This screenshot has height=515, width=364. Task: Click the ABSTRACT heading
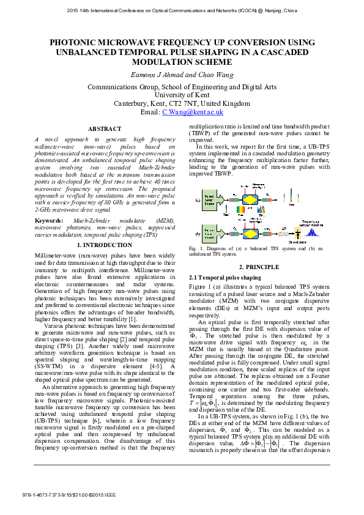[105, 129]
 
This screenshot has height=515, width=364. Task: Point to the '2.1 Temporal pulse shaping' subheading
[217, 278]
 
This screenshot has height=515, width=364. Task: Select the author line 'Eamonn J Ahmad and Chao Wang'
[182, 75]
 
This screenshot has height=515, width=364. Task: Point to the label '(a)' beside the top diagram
[197, 199]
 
